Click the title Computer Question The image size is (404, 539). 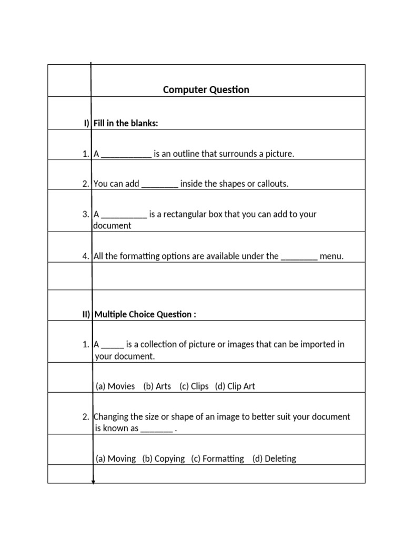(206, 89)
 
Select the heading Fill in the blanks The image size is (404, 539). (126, 123)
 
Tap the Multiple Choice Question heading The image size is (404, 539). (145, 314)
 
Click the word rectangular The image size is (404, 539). (180, 214)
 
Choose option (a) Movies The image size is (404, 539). (115, 386)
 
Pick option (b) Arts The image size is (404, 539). (157, 386)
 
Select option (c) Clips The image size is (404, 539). (194, 386)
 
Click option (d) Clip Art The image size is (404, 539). (235, 386)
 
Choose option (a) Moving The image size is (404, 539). (116, 458)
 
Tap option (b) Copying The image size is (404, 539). (163, 458)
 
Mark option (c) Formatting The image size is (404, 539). (217, 458)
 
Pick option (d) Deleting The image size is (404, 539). (274, 458)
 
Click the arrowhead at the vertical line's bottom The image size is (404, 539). (93, 481)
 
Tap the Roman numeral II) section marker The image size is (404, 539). (86, 314)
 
